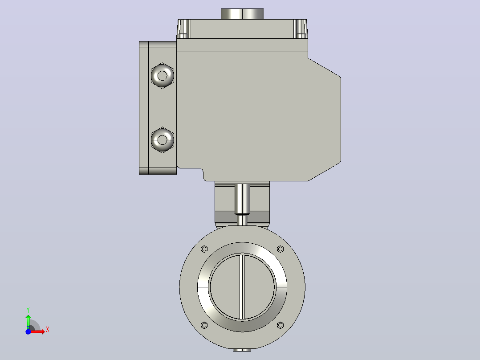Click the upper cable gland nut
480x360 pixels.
pos(162,76)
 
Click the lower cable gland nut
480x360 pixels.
pos(162,140)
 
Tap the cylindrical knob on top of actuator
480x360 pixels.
pos(242,14)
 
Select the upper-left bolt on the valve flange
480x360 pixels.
pos(204,249)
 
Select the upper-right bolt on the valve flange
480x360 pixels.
pos(280,249)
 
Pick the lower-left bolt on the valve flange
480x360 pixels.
pos(204,325)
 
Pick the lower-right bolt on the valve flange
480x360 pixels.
pos(280,325)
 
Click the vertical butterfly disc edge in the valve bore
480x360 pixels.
pos(242,287)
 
